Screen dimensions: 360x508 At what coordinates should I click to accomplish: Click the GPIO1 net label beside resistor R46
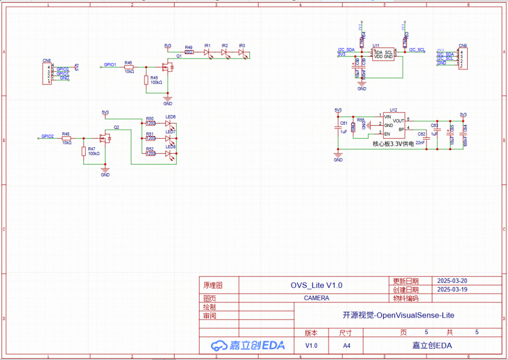click(x=110, y=64)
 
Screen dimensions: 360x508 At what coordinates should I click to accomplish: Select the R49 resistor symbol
click(x=189, y=52)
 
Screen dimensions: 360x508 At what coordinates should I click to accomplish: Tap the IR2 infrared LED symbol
click(x=225, y=52)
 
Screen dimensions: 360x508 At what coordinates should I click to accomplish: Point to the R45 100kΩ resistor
click(x=147, y=80)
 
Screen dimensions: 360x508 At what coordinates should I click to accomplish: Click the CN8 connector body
click(x=47, y=73)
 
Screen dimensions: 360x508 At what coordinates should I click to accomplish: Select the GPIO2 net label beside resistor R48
click(x=48, y=136)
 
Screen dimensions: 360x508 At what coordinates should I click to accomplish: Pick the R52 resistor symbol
click(x=151, y=153)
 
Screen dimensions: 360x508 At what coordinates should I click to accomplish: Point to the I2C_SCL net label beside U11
click(x=417, y=49)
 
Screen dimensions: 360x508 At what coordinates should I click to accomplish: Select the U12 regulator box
click(x=393, y=126)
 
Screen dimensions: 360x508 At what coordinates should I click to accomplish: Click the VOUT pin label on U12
click(x=399, y=120)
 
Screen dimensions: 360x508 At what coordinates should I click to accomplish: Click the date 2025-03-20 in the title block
click(x=452, y=280)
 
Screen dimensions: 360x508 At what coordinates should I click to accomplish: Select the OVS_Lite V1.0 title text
click(x=316, y=285)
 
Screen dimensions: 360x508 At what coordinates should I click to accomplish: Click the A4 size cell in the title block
click(x=346, y=345)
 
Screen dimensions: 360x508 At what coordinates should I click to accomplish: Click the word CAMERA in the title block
click(x=316, y=298)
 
